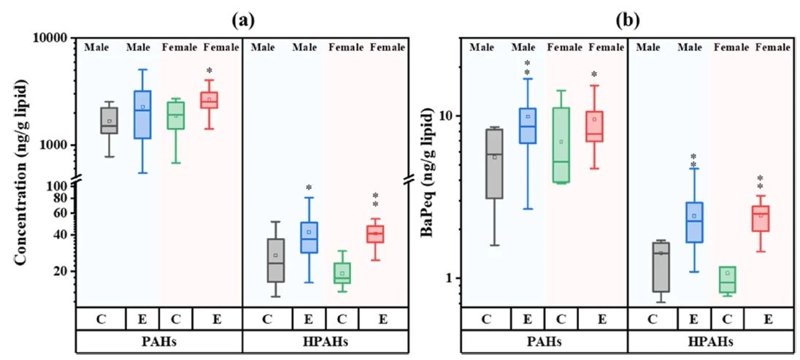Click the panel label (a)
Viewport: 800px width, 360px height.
(x=242, y=20)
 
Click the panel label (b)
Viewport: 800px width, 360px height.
(x=627, y=20)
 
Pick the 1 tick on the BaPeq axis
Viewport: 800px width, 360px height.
(x=447, y=278)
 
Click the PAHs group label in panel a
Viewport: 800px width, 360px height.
(x=159, y=341)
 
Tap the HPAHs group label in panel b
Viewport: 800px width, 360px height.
(x=710, y=341)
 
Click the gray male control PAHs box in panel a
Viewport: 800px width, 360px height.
(x=109, y=120)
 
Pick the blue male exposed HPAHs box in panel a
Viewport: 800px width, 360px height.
(x=309, y=237)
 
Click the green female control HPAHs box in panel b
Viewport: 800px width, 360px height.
(x=727, y=280)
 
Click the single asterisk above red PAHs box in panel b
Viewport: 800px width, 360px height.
(x=594, y=74)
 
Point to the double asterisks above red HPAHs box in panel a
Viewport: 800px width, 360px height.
(x=375, y=200)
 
